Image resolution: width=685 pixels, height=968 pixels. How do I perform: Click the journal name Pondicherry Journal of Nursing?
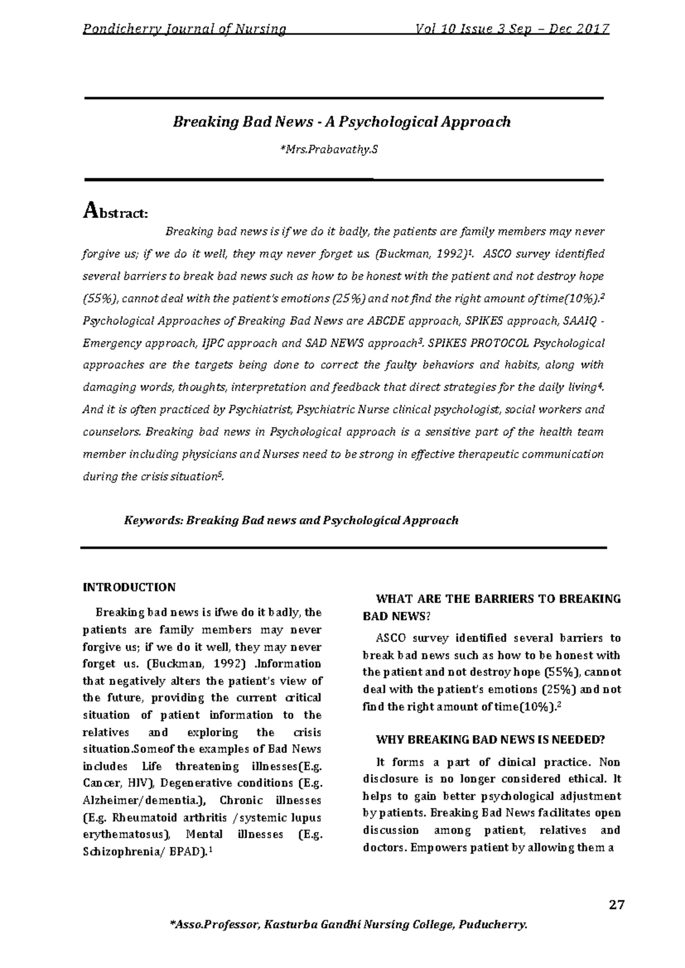click(x=184, y=29)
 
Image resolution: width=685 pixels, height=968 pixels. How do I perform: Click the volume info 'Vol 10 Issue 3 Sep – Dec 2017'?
click(x=513, y=29)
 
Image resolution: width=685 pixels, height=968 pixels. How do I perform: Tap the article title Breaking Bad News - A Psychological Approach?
click(x=342, y=122)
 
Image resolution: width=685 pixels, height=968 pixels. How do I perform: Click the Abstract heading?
click(x=116, y=212)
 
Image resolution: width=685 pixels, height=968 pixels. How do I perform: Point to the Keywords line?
click(x=291, y=520)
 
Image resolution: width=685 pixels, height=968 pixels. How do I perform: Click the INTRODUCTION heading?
click(x=130, y=587)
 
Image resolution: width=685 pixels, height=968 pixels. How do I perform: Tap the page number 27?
click(x=616, y=905)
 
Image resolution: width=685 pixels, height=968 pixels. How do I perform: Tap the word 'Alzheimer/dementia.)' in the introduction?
click(x=144, y=800)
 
